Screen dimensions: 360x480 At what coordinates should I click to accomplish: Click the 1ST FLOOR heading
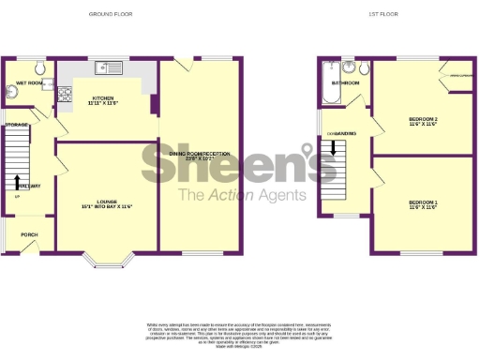[378, 14]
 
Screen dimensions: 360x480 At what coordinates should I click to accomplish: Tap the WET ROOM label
[29, 82]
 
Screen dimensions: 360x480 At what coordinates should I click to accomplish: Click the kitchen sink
[111, 67]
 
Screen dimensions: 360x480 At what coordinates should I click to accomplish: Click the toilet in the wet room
[40, 68]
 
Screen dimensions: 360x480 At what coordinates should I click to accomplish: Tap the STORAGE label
[16, 124]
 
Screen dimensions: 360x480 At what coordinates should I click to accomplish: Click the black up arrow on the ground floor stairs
[18, 179]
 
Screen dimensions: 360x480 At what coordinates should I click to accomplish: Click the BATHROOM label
[346, 83]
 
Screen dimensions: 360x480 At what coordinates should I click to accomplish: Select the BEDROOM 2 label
[423, 121]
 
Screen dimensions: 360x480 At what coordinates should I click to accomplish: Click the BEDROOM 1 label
[423, 203]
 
